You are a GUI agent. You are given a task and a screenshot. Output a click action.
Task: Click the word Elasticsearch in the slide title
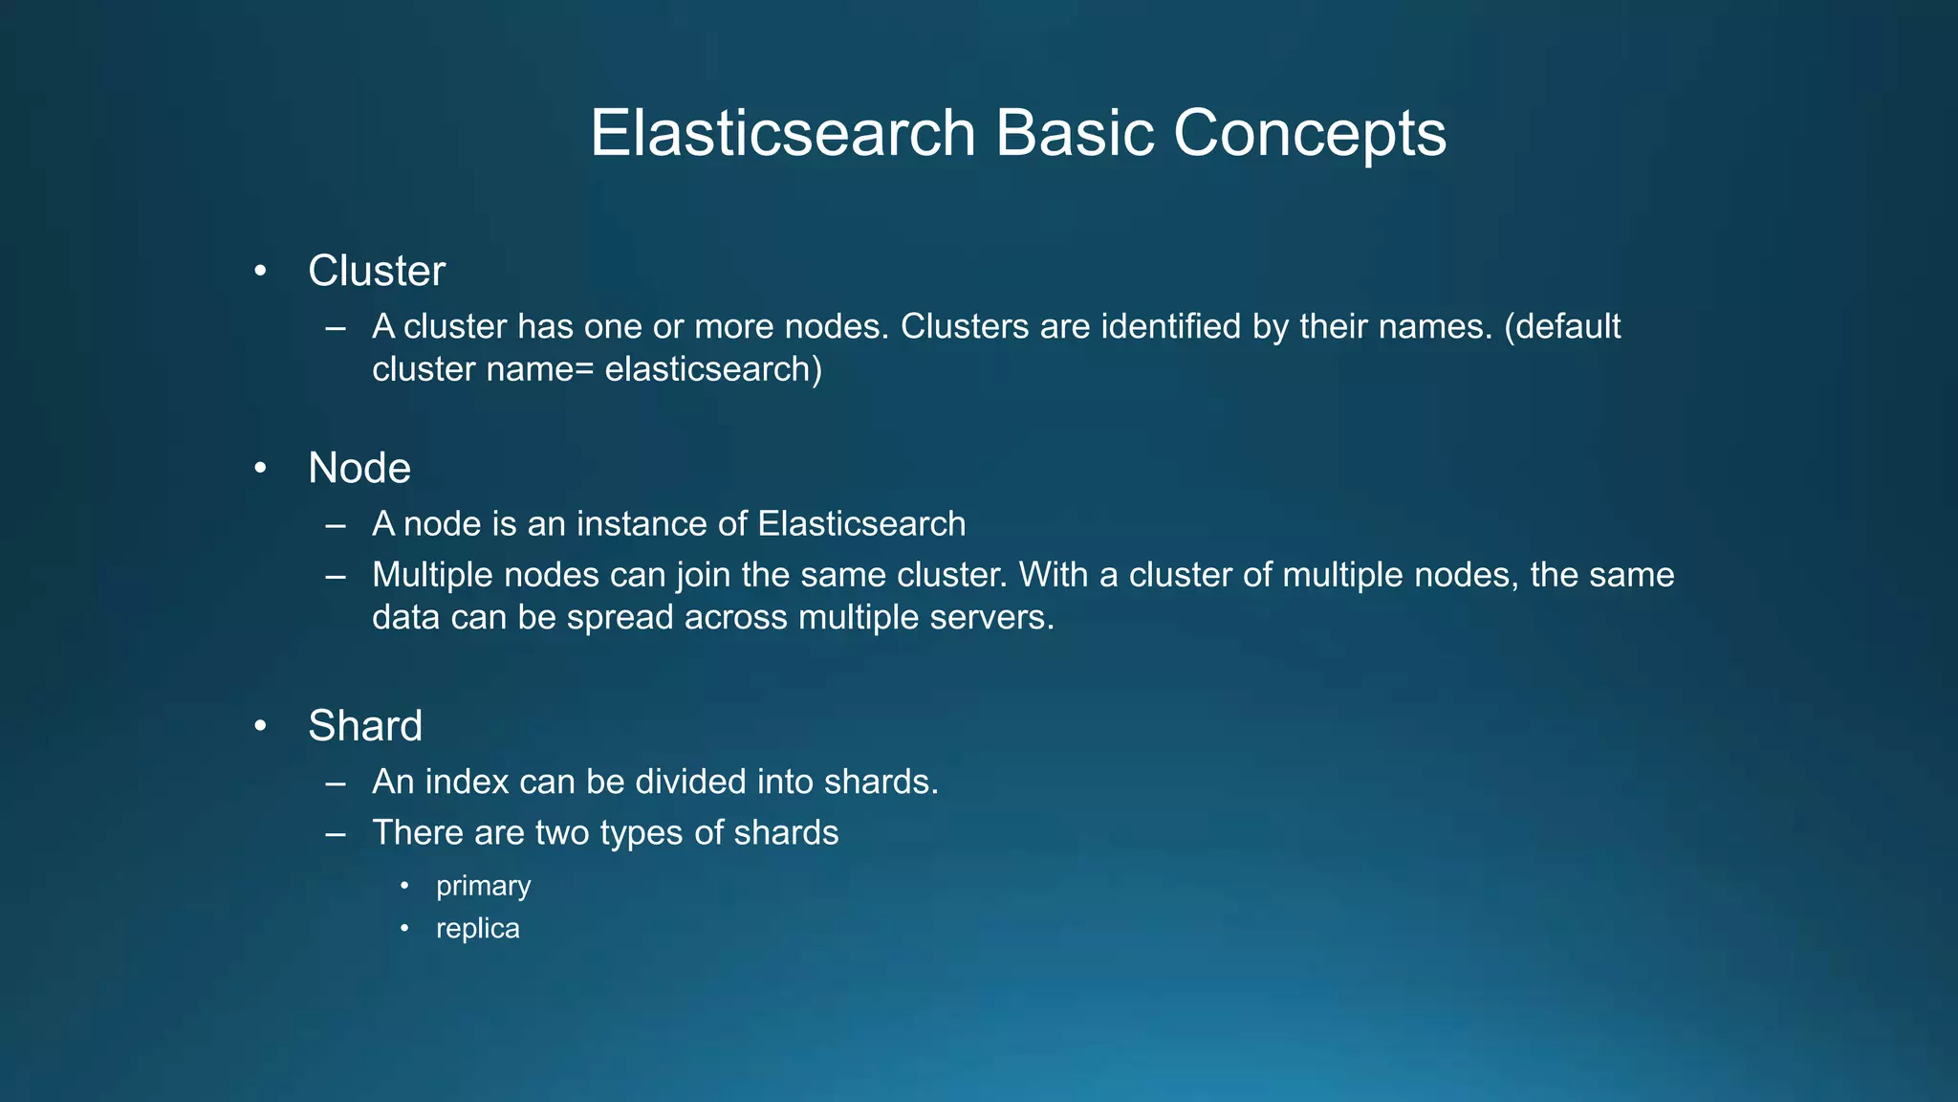[x=782, y=133]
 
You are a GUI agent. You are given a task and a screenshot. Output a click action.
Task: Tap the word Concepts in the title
[x=1309, y=133]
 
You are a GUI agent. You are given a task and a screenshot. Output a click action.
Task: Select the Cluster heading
[x=377, y=271]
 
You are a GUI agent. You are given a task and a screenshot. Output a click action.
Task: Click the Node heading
[x=359, y=468]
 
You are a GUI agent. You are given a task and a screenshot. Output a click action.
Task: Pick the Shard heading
[x=365, y=725]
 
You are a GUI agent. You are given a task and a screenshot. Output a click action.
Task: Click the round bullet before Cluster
[x=260, y=272]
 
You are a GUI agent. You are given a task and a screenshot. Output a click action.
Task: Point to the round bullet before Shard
[x=260, y=726]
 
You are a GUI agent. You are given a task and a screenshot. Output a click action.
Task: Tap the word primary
[x=483, y=886]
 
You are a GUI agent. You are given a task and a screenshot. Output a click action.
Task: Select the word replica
[x=477, y=928]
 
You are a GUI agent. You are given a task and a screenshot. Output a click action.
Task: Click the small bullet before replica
[x=404, y=928]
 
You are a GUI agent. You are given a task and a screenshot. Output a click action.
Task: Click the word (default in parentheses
[x=1562, y=327]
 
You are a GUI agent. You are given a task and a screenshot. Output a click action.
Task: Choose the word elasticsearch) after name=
[x=713, y=369]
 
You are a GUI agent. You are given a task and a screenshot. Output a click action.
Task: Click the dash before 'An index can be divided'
[x=335, y=782]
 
